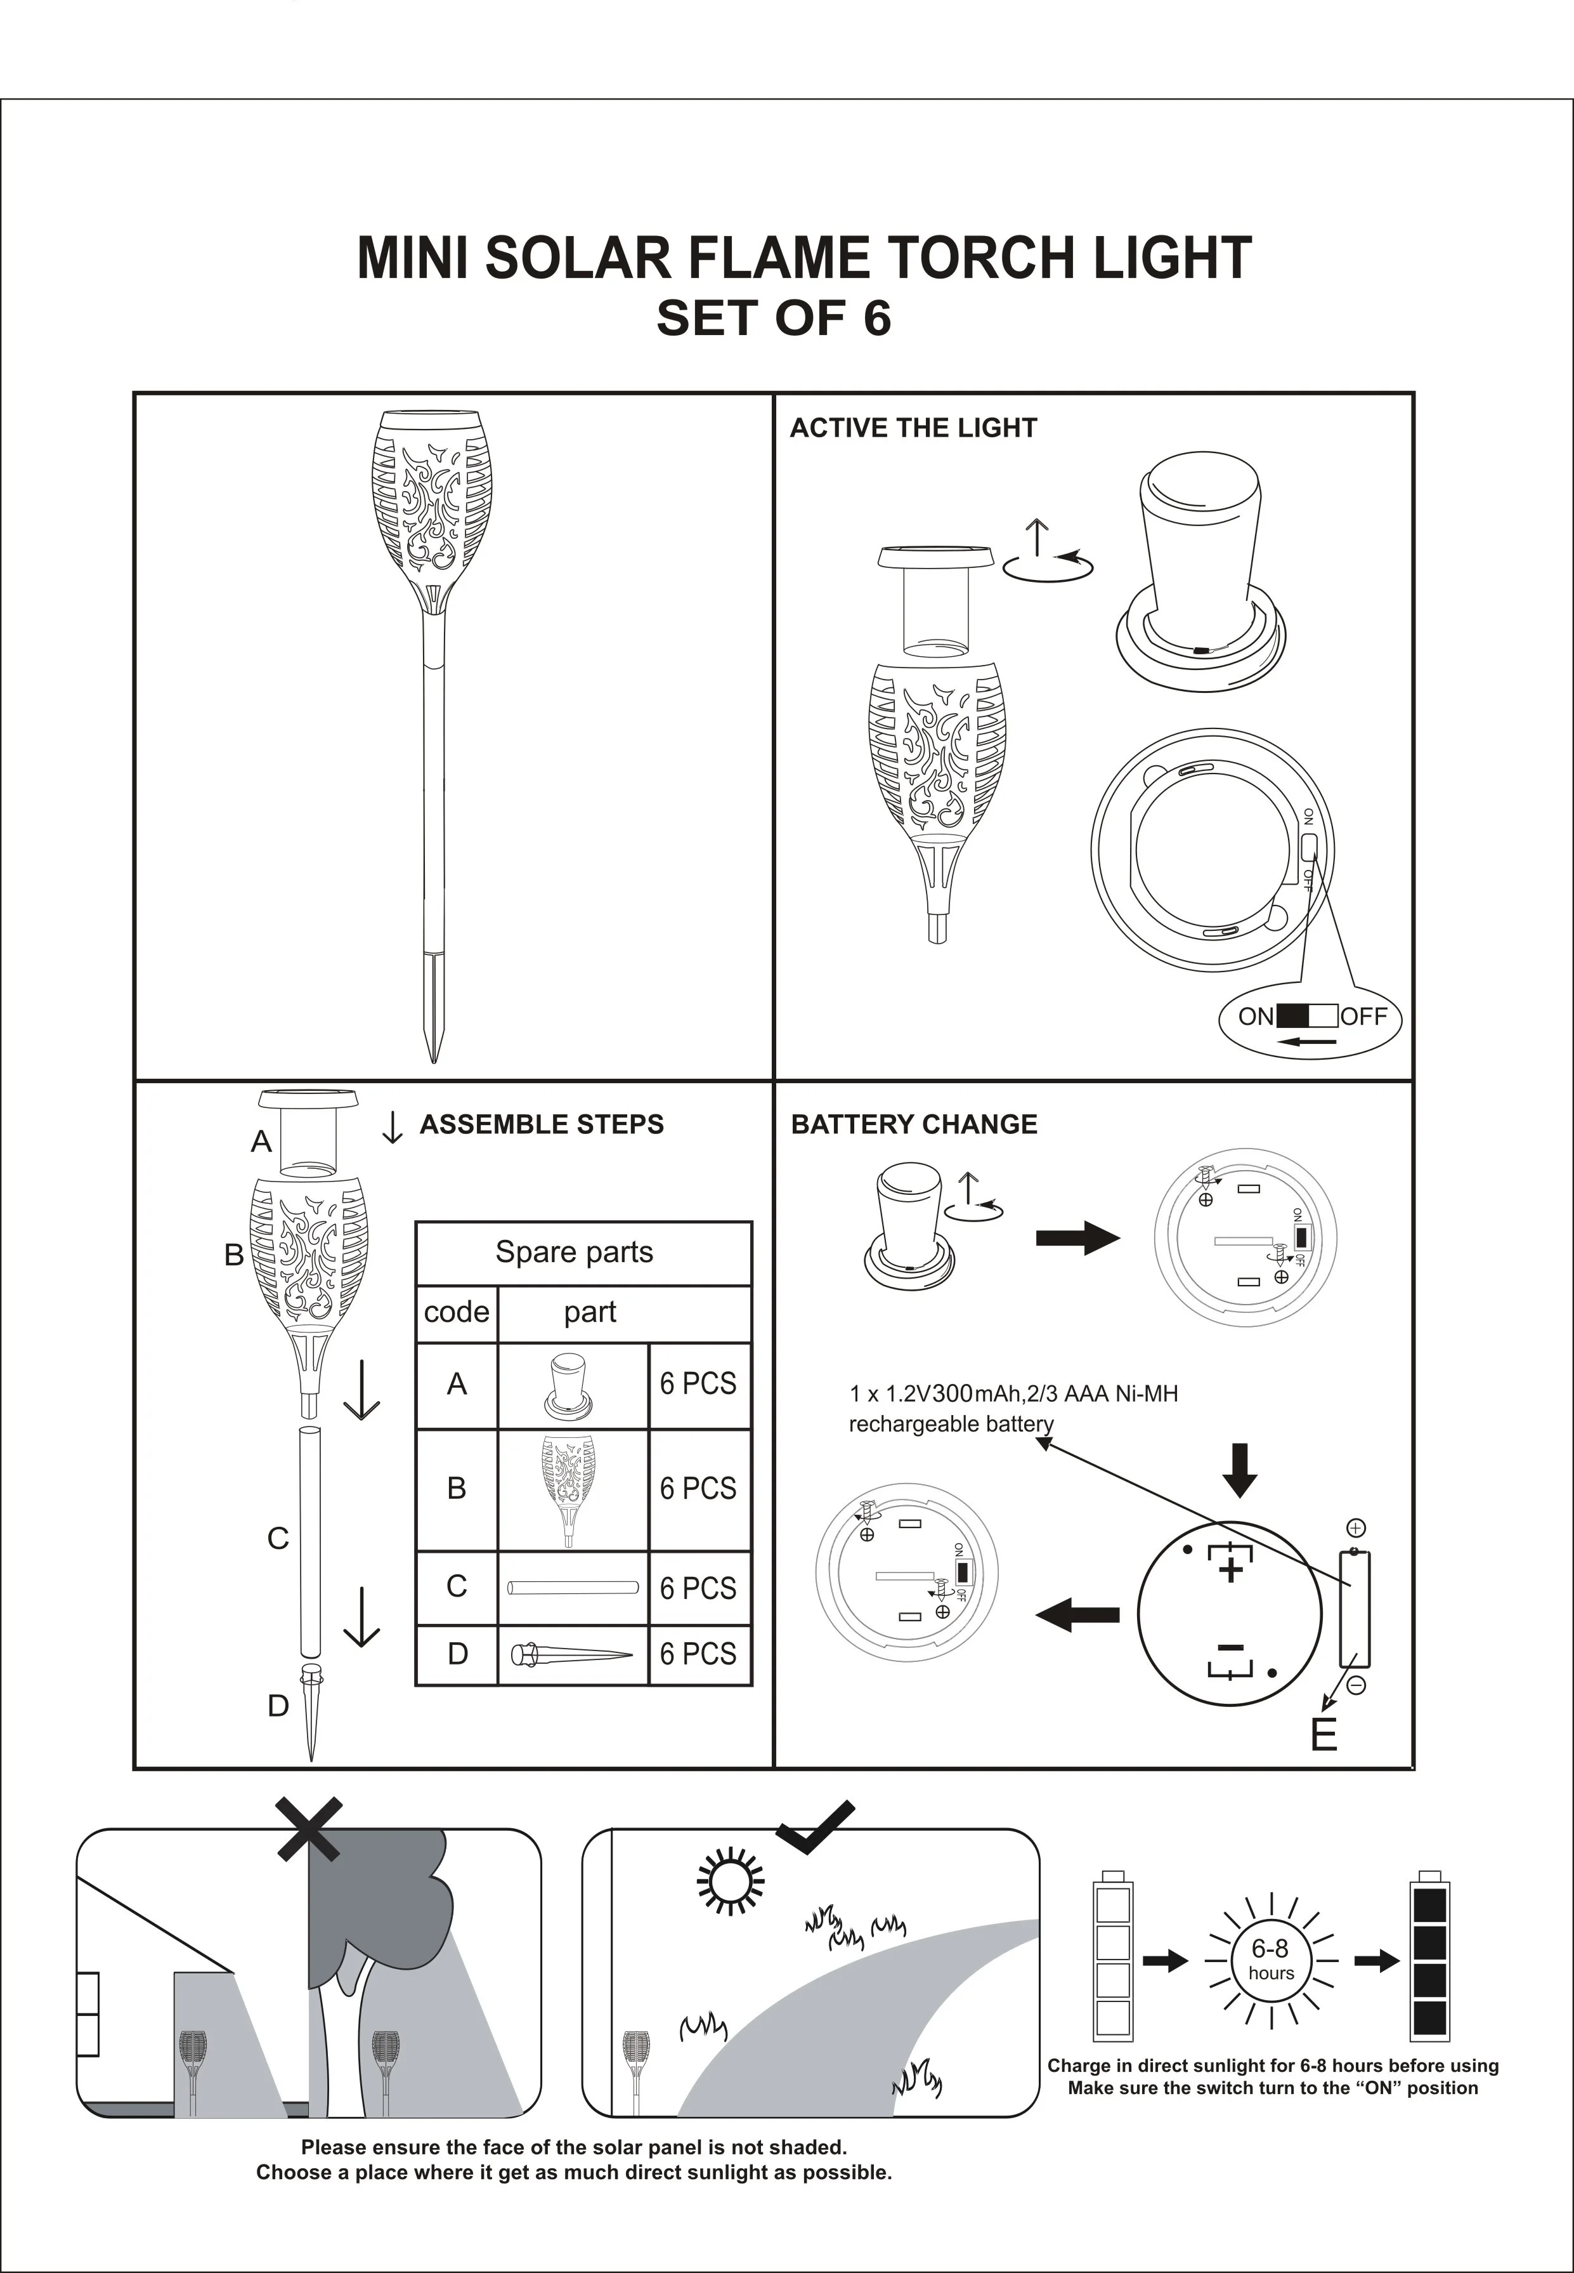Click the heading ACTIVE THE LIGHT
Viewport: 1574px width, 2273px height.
913,428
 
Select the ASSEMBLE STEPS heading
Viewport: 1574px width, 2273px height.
542,1124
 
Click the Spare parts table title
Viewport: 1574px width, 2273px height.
574,1252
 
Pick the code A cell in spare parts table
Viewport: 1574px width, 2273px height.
457,1384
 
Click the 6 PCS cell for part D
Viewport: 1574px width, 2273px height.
698,1654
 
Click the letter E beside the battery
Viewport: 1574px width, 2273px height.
1324,1734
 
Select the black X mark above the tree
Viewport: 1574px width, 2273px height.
309,1829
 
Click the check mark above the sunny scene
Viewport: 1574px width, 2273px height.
816,1827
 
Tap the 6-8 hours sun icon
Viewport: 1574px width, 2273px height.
1270,1960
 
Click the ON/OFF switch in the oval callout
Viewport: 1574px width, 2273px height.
1308,1016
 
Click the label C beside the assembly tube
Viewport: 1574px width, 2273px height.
278,1539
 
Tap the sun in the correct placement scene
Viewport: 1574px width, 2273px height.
731,1880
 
